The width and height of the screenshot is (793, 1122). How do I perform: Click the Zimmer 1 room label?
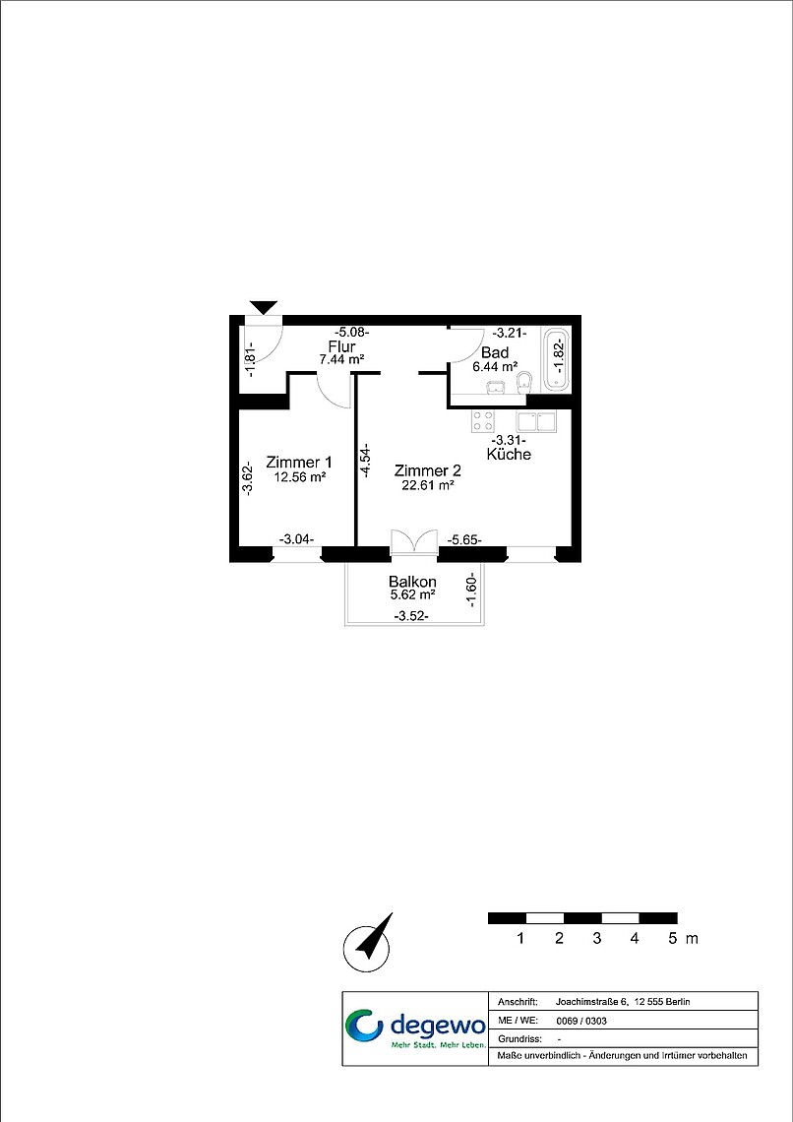point(299,461)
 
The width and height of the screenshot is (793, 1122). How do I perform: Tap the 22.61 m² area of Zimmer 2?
point(428,484)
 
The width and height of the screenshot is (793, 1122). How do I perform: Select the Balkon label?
point(412,581)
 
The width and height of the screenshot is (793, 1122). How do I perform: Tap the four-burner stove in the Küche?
point(482,421)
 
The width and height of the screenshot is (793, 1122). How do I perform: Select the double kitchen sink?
point(537,421)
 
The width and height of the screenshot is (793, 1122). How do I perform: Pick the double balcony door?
point(414,541)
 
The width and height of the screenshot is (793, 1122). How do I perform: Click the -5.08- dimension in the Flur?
point(352,332)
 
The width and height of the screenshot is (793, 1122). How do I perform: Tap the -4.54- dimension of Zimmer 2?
point(365,460)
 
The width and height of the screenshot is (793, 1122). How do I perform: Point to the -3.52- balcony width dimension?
point(411,616)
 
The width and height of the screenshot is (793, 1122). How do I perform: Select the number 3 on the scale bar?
point(596,938)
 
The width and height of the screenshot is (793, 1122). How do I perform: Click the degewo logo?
point(415,1029)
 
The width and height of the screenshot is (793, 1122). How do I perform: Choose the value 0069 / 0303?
point(576,1021)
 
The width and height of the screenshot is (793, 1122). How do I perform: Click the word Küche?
point(509,455)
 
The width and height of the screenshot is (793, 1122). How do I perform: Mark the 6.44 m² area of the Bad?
point(495,366)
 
